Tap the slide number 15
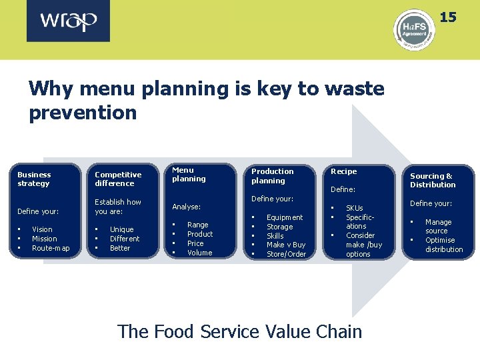coord(448,17)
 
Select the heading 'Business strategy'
coord(34,179)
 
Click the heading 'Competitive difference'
coord(118,179)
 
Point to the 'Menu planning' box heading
coord(189,174)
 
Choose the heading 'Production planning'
coord(272,176)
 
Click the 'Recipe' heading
coord(344,171)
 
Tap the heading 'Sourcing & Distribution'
coord(433,180)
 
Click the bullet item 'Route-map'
coord(51,248)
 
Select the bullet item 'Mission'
coord(45,239)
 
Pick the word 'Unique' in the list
coord(122,229)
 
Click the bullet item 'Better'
coord(120,248)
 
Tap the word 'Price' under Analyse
coord(195,243)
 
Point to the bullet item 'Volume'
coord(199,253)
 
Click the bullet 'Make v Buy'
coord(286,245)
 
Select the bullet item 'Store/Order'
coord(286,254)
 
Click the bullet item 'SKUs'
coord(354,208)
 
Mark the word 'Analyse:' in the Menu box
coord(186,207)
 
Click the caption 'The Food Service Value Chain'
coord(239,331)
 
